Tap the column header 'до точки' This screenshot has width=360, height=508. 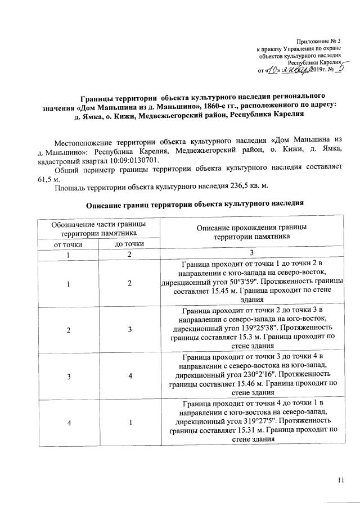click(129, 244)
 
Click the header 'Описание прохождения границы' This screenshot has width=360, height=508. click(251, 228)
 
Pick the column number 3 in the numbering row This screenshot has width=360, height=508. click(251, 254)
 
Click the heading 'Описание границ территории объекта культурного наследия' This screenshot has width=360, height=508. click(195, 203)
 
